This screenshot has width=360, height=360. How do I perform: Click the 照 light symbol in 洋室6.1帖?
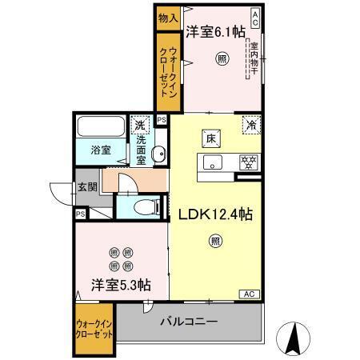[x=222, y=58]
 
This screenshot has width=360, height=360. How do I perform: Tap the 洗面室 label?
[x=140, y=149]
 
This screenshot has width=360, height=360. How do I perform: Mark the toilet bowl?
[x=145, y=207]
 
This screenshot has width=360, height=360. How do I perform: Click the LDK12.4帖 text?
[x=215, y=214]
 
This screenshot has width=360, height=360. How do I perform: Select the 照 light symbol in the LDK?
[x=215, y=240]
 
